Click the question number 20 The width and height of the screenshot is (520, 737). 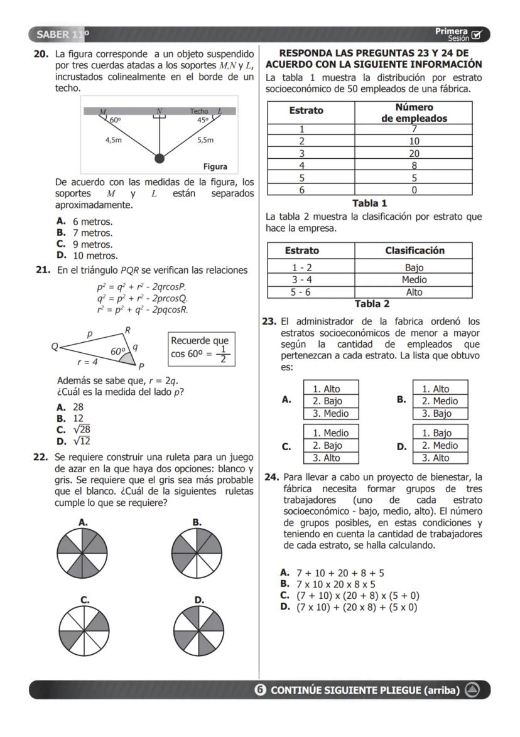tap(41, 55)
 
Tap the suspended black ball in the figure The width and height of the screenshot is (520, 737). tap(160, 158)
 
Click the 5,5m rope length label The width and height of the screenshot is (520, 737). tap(205, 140)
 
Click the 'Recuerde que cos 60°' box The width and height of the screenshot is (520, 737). tap(200, 348)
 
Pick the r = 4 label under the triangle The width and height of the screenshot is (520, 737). tap(87, 362)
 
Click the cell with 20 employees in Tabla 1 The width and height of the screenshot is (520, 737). tap(414, 153)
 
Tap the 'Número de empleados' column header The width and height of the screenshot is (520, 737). tap(413, 112)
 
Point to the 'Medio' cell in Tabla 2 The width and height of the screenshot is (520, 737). tap(414, 280)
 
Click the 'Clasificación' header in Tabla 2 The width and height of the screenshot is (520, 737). tap(414, 250)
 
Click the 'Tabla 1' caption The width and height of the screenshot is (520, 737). tap(369, 203)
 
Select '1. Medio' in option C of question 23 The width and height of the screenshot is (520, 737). tap(331, 433)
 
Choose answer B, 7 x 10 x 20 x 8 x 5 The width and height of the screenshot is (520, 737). tap(329, 584)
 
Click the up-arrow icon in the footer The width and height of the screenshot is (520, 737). tap(472, 691)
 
